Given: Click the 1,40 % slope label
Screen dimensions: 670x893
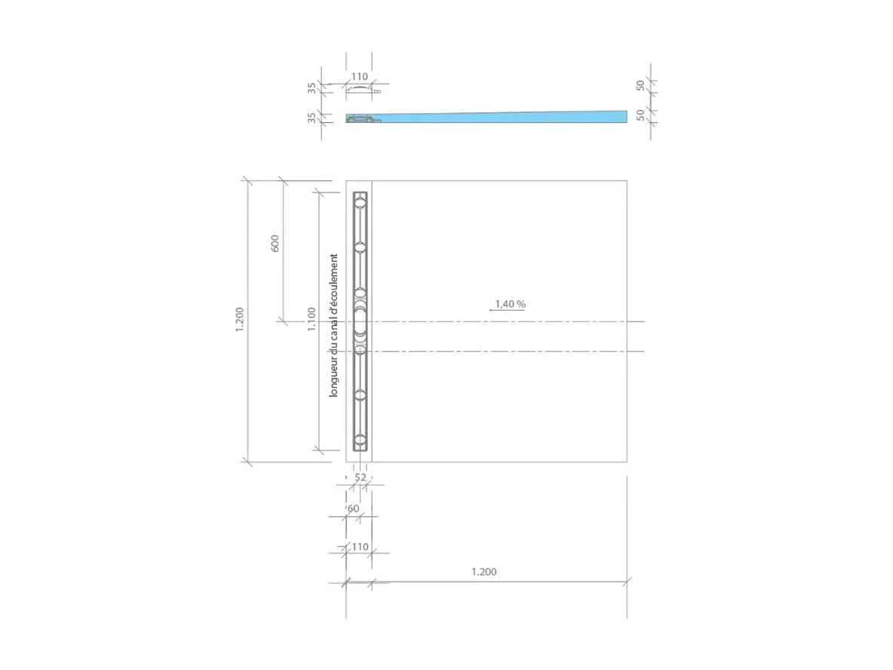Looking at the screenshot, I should (x=510, y=304).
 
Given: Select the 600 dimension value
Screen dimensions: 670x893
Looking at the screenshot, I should (x=275, y=243).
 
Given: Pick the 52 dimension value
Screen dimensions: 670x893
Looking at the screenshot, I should (x=360, y=478).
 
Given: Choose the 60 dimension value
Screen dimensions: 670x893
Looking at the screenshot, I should (x=353, y=509).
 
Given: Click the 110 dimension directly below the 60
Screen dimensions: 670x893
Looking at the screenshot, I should (x=360, y=547).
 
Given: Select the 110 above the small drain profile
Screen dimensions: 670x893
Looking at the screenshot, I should (x=360, y=76).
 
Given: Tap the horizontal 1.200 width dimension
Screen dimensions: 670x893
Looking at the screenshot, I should (x=483, y=572).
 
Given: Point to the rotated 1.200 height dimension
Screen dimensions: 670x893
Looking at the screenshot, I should (x=240, y=320).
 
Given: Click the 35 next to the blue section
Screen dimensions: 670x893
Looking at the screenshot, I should (x=311, y=118).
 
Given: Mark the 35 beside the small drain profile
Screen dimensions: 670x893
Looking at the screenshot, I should (x=311, y=88).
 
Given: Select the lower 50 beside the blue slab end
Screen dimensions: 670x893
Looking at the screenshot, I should (x=640, y=115).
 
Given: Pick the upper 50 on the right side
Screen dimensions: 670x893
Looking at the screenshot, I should (x=640, y=85).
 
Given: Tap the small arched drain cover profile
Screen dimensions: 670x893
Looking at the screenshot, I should (x=361, y=89).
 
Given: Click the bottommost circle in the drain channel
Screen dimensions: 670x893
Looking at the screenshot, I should (x=361, y=440).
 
